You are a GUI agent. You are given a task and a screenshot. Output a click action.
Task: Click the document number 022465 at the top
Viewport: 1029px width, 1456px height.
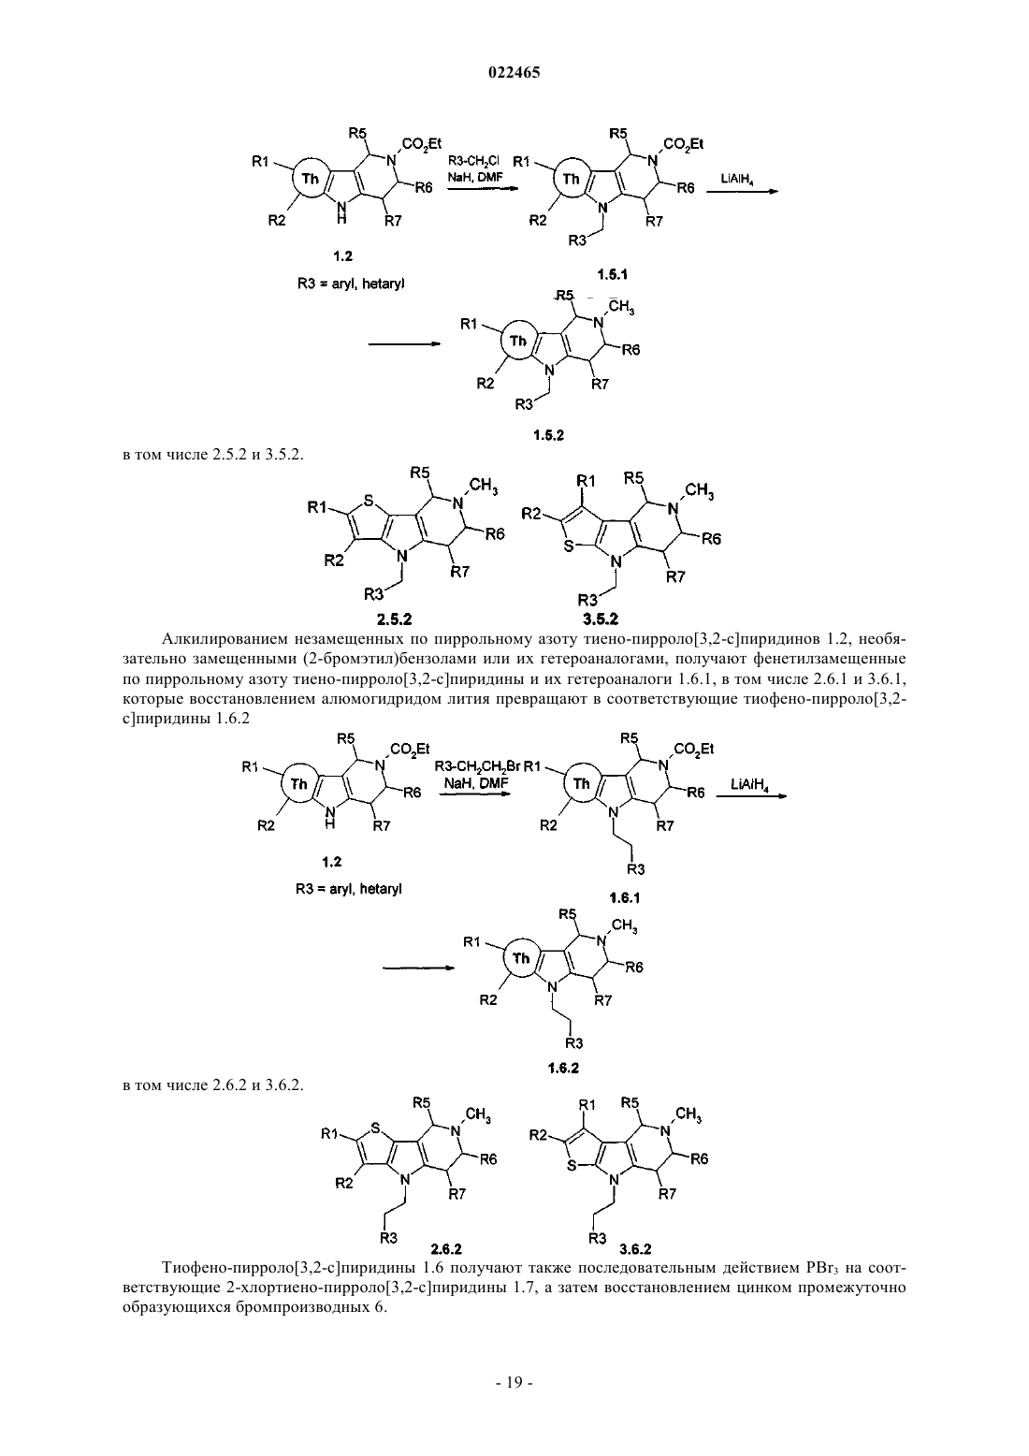point(514,73)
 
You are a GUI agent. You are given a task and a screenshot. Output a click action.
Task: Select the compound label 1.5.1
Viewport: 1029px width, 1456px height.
point(613,274)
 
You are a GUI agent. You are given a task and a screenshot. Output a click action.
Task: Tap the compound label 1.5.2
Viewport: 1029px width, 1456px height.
point(548,435)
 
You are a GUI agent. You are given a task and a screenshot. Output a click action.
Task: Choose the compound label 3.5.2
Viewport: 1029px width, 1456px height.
point(601,619)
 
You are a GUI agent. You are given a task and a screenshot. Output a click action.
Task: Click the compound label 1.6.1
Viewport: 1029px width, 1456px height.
point(624,897)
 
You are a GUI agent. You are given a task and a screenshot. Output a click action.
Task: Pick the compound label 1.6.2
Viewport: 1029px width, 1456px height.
point(563,1068)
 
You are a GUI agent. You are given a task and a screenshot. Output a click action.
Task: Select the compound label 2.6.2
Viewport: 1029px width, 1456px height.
point(446,1248)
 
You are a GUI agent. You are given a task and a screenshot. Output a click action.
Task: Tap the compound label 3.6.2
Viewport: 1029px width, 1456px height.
point(635,1248)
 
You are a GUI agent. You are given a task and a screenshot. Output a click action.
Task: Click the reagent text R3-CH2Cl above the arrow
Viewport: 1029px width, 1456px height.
point(473,161)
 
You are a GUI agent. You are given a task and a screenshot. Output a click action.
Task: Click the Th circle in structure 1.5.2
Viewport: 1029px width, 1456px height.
point(517,341)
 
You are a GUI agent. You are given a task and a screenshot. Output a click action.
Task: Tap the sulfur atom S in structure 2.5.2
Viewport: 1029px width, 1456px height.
point(369,502)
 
